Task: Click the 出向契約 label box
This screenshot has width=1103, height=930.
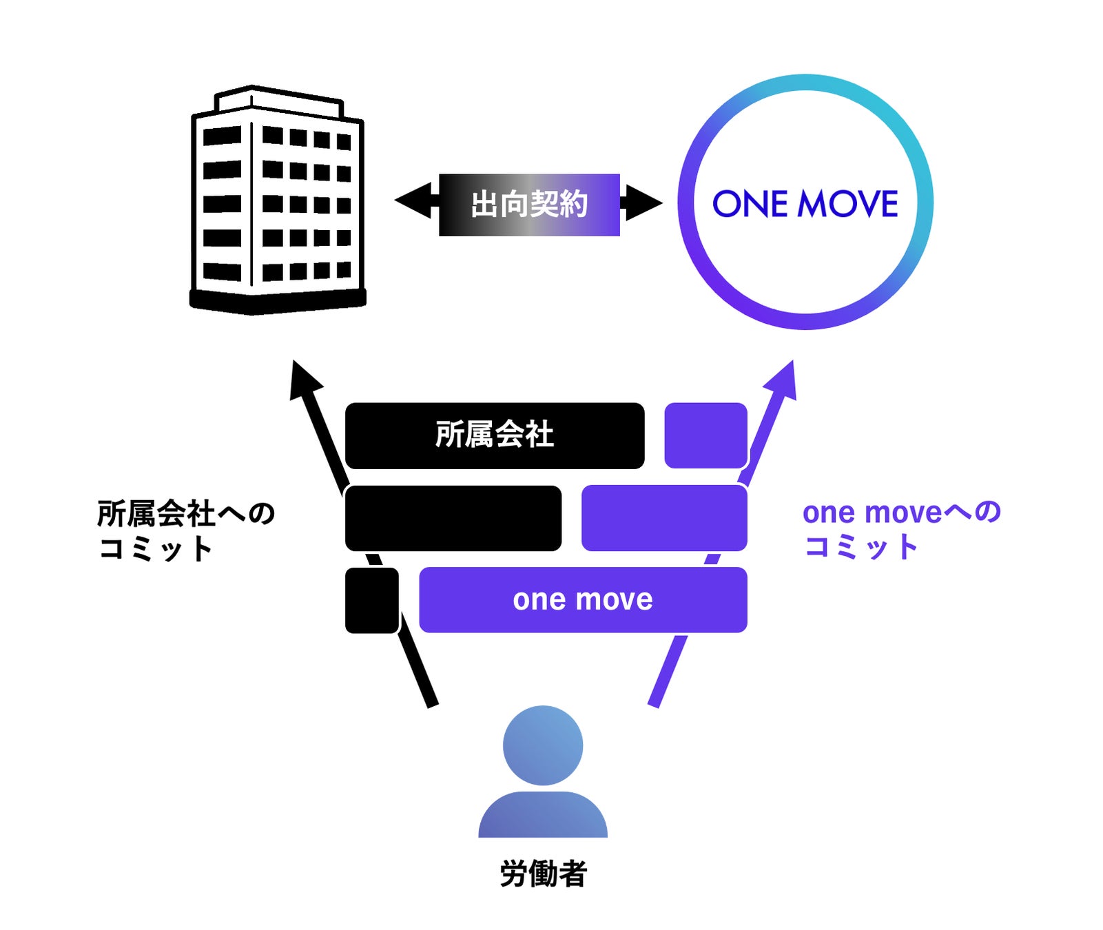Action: tap(529, 205)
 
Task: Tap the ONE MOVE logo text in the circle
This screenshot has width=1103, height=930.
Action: tap(805, 204)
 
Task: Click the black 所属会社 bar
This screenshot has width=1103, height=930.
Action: tap(495, 435)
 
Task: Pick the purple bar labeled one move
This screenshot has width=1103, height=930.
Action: tap(583, 599)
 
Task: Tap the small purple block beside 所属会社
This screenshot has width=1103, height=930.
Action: tap(705, 435)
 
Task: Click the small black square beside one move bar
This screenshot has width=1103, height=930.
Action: tap(372, 600)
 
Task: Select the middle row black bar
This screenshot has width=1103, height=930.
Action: tap(453, 518)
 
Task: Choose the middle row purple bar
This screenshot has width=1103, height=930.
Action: tap(664, 518)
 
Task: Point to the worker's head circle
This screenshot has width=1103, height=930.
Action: tap(543, 745)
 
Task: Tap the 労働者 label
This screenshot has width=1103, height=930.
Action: tap(543, 874)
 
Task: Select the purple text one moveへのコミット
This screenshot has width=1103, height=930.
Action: tap(901, 529)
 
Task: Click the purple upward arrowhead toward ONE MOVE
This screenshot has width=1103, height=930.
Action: tap(785, 380)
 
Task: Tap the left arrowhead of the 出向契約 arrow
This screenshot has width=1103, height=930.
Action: tap(413, 201)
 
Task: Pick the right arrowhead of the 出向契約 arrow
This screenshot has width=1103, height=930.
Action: tap(643, 203)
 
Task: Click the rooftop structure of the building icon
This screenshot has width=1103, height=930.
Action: tap(278, 101)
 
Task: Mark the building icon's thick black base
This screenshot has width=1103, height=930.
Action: tap(277, 300)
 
